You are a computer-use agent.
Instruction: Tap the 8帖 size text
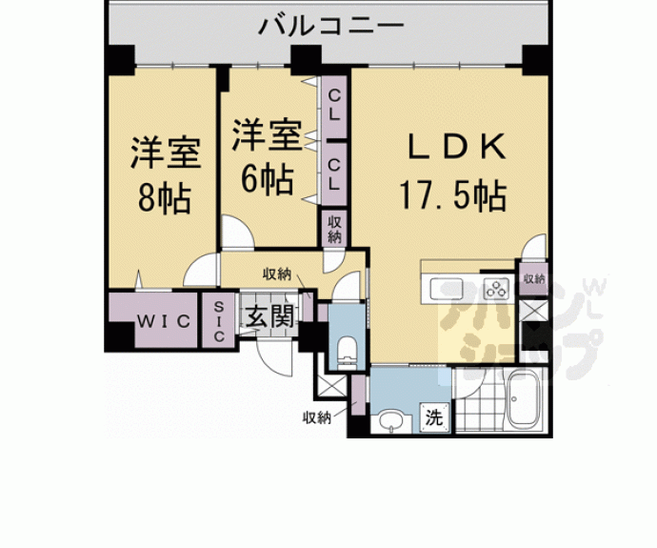click(163, 198)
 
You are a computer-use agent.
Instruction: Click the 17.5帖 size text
click(451, 197)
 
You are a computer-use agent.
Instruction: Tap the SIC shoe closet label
click(218, 322)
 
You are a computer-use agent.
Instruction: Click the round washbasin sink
click(389, 419)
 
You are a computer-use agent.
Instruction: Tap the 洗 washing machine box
click(433, 416)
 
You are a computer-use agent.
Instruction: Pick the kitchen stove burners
click(497, 287)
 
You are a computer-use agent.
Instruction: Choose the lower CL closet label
click(334, 173)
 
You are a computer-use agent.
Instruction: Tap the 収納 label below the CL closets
click(334, 230)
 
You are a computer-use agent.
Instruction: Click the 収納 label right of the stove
click(533, 278)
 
